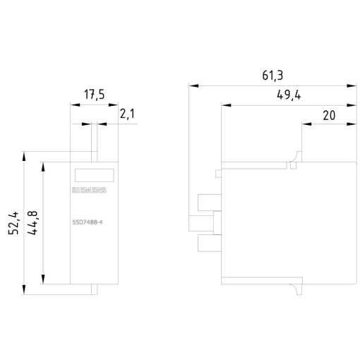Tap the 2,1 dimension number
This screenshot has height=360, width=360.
(x=127, y=113)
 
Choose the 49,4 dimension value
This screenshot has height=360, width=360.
(x=288, y=96)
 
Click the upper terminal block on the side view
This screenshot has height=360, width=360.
(x=206, y=203)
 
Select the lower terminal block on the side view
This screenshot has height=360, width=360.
(x=206, y=244)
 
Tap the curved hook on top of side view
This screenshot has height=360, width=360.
(x=295, y=160)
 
